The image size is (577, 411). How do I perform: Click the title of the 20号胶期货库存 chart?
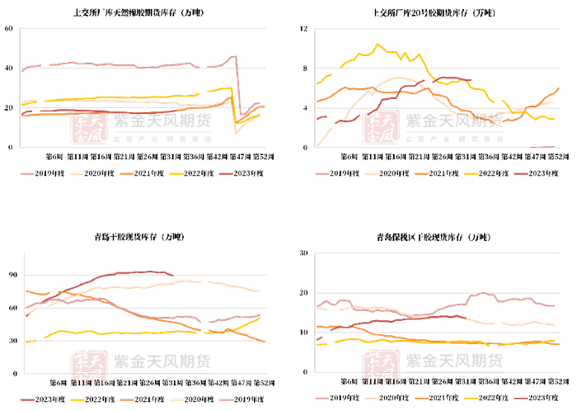point(435,13)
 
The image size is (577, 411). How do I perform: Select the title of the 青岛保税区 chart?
point(435,239)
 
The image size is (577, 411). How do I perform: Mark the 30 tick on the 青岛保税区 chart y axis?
point(303,254)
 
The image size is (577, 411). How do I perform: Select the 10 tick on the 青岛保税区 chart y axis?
point(303,332)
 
